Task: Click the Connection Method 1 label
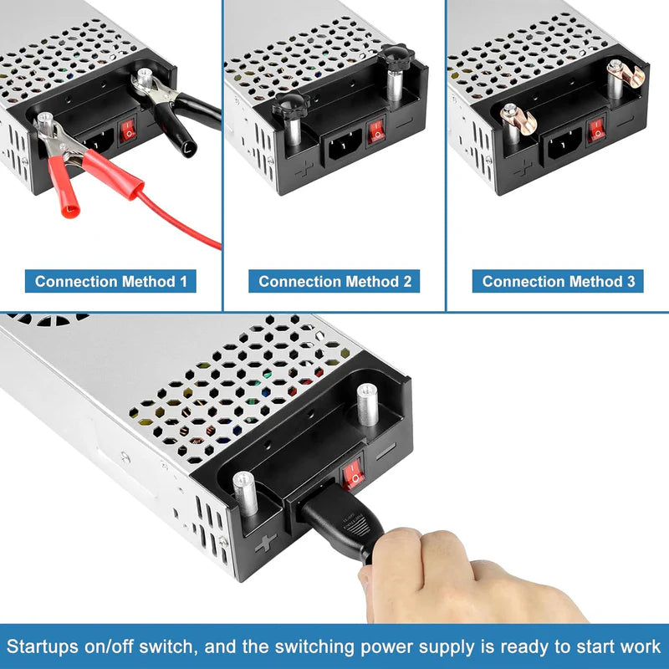(x=111, y=282)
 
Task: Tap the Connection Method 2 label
(x=334, y=282)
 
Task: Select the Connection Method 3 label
(x=558, y=282)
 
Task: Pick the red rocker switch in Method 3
(x=596, y=130)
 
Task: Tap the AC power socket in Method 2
(x=343, y=148)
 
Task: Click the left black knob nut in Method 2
(x=293, y=106)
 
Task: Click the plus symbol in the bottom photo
(x=267, y=544)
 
